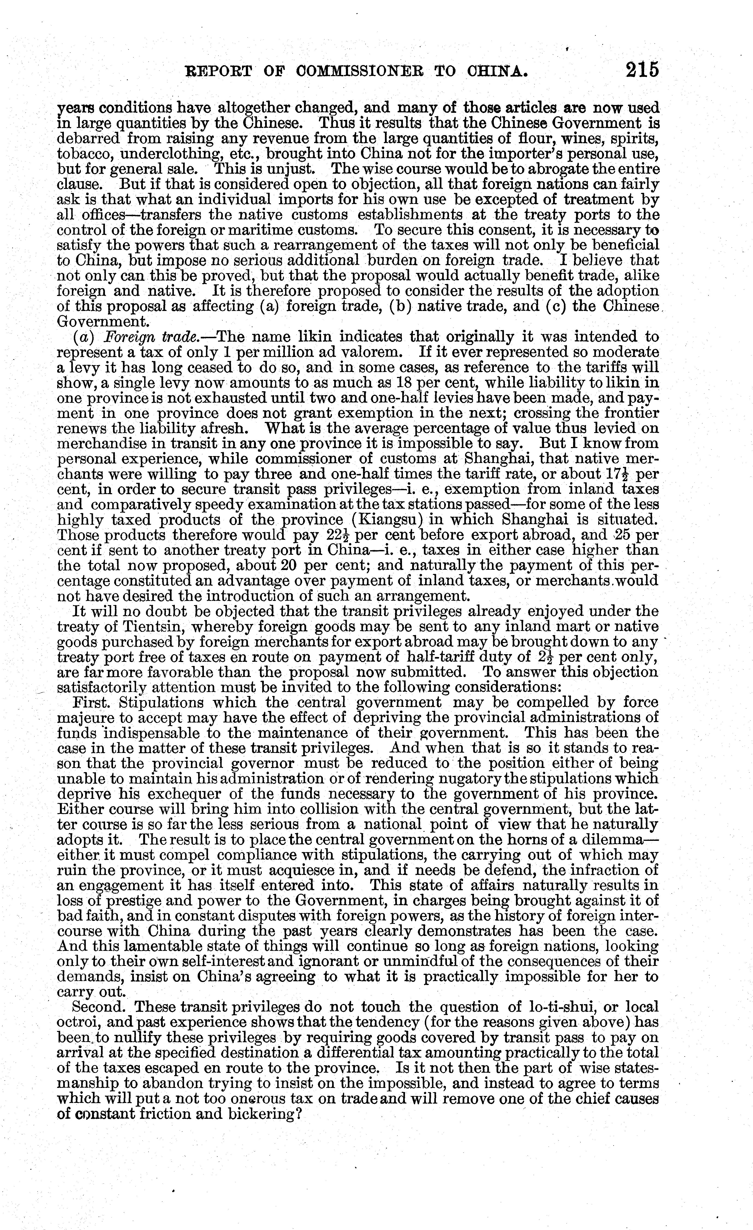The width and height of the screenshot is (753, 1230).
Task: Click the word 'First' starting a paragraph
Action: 90,703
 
